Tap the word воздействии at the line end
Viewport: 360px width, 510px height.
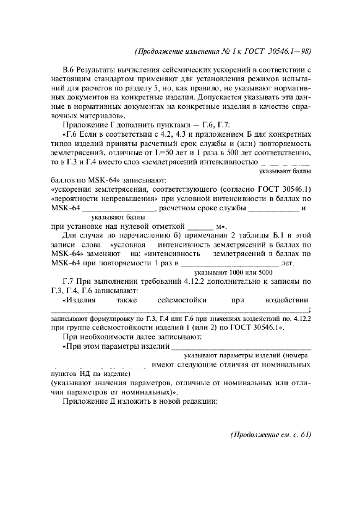(x=287, y=299)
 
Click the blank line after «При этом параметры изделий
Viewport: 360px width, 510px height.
(x=242, y=347)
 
